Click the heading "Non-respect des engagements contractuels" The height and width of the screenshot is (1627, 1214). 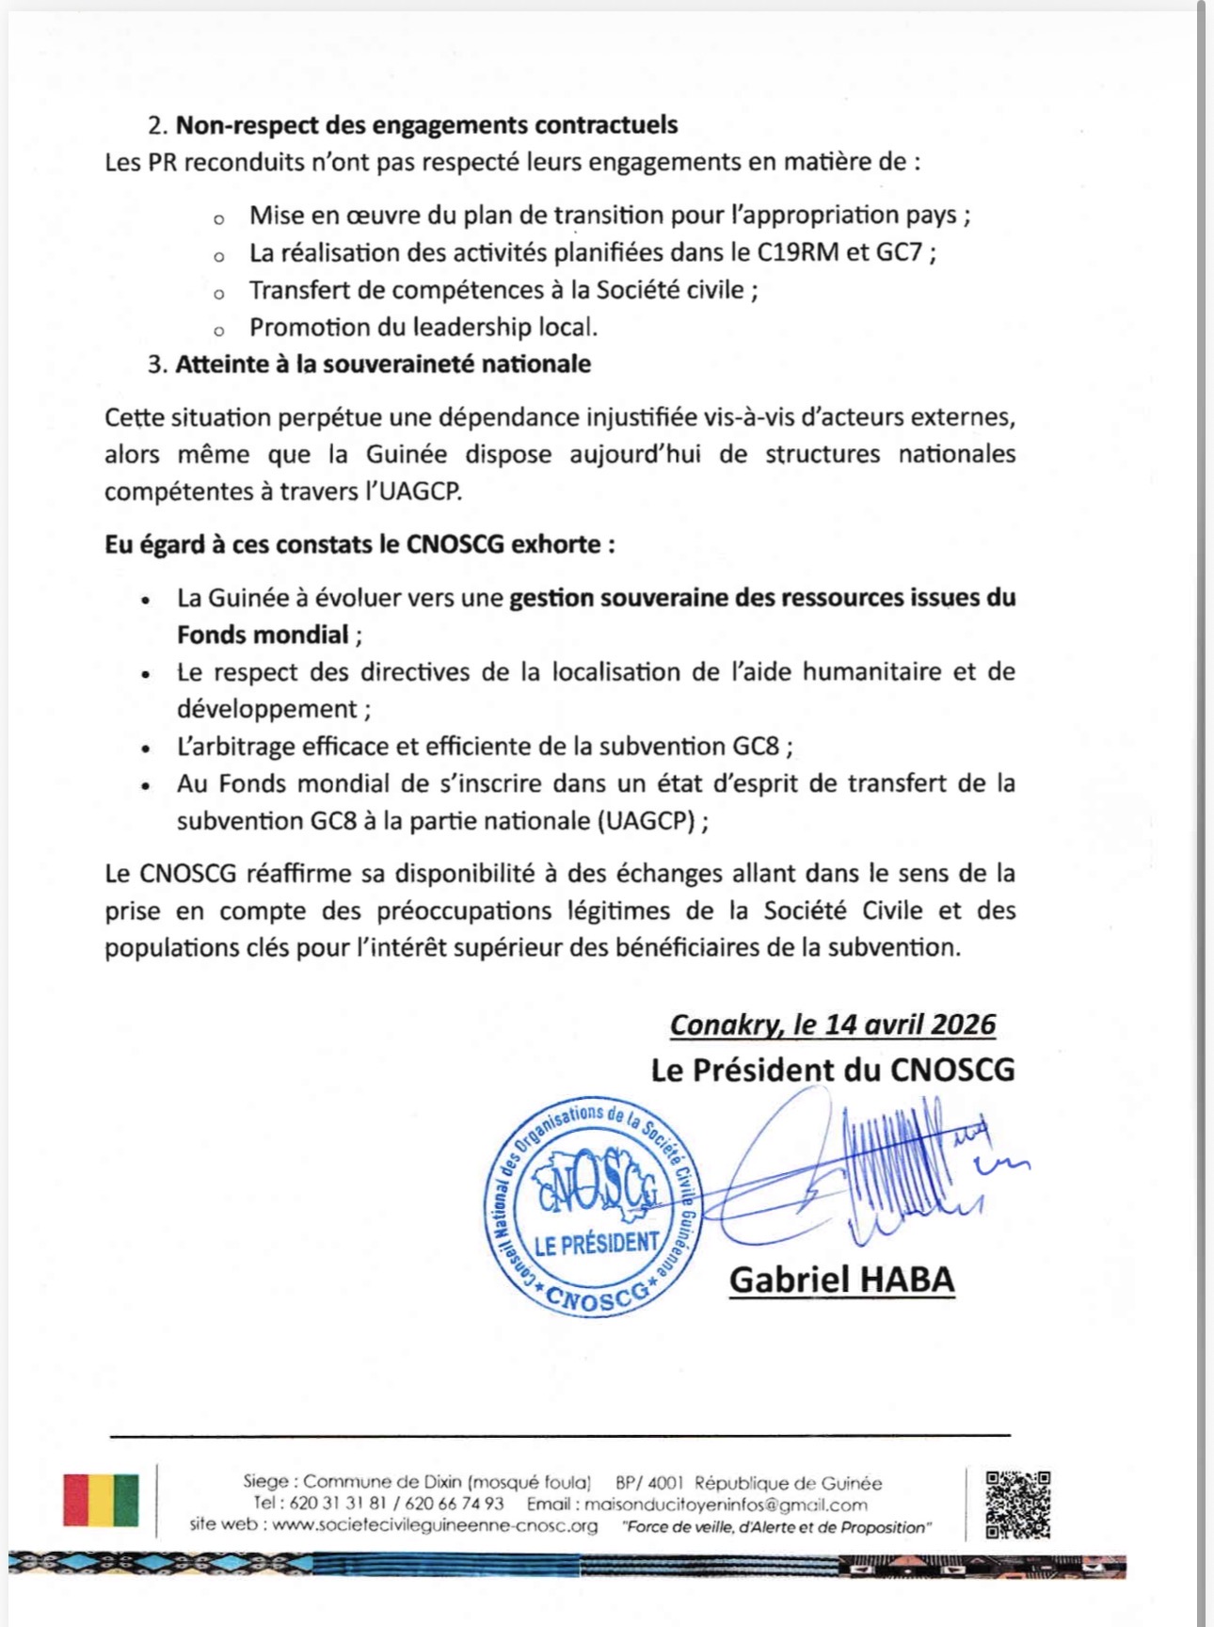(426, 124)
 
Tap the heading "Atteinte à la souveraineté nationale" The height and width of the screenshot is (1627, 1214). (383, 363)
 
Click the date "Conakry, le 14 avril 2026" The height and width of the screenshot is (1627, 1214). (832, 1024)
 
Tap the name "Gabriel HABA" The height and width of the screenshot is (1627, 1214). (841, 1279)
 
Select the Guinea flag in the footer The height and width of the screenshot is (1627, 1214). (101, 1500)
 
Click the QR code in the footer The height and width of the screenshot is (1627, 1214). (1018, 1504)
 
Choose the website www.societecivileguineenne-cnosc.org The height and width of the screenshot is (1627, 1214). (435, 1525)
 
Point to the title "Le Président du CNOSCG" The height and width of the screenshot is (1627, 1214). (832, 1070)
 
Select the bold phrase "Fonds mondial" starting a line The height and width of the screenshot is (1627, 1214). (263, 635)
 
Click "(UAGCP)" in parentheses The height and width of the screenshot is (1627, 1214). (647, 820)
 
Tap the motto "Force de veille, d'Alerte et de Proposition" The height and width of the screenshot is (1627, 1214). (776, 1526)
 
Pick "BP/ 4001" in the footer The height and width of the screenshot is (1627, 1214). (649, 1483)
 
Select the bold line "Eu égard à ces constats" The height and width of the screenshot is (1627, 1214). (359, 544)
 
